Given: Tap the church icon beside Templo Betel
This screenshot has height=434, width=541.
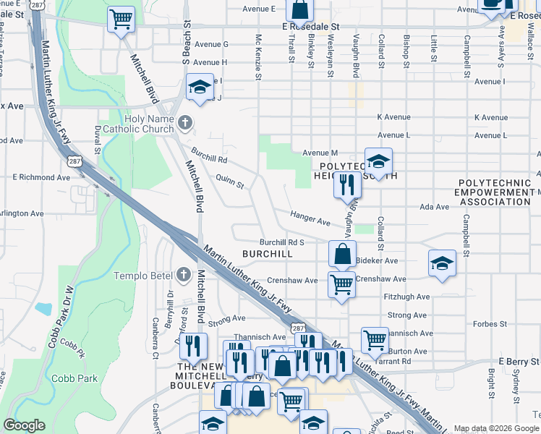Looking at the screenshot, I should [184, 276].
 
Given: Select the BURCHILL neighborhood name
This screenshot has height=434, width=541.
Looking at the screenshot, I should [267, 254].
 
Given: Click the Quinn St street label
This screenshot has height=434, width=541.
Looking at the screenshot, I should [230, 181].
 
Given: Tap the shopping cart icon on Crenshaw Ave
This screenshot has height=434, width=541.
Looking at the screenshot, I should [341, 283].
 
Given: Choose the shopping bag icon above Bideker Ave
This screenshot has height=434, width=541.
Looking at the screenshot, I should [342, 254].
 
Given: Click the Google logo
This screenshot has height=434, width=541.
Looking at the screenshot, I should [24, 425].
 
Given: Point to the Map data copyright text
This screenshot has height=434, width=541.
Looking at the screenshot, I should [496, 428].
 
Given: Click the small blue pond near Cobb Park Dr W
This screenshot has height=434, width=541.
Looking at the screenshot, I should [43, 309].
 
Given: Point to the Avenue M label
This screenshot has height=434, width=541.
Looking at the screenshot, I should [320, 153].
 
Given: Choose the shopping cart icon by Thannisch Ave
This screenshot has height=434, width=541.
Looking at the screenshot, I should [375, 339].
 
